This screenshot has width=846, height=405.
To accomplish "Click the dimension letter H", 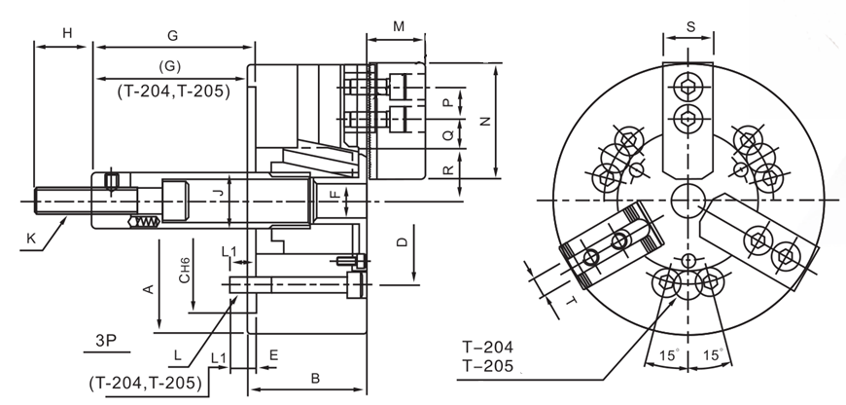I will click(x=68, y=34).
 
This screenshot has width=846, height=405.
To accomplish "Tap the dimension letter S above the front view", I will click(x=690, y=27).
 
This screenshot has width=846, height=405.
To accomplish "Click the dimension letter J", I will click(x=219, y=195).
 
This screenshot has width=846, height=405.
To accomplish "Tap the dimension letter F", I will click(x=333, y=195).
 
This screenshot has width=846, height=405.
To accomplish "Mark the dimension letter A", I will click(x=148, y=288).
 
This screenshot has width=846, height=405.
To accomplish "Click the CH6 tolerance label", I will click(x=184, y=270).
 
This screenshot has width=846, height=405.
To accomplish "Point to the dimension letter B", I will click(x=314, y=377).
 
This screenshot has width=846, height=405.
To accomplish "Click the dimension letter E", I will click(x=273, y=356).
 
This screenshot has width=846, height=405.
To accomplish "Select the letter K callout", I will click(x=30, y=237).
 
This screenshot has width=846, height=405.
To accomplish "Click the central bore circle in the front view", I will click(x=689, y=198).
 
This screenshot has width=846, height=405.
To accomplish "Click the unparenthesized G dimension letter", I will click(x=172, y=35).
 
